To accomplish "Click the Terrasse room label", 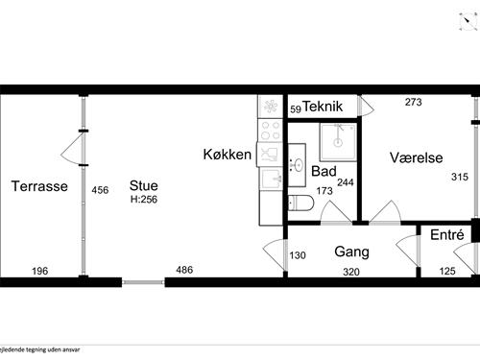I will coord(38,186).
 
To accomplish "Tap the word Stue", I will coord(145,186).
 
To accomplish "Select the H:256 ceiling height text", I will coord(144,200).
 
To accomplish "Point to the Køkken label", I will coord(227,155).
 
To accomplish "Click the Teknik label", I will coord(324,108).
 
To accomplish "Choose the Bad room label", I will coord(324,171).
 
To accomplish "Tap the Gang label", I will coord(352,252).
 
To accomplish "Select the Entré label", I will coord(446,235).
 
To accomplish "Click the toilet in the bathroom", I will coord(300,203).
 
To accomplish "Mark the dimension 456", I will coord(100,190).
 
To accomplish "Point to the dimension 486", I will coord(184,270).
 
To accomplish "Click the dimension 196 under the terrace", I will coord(39,270).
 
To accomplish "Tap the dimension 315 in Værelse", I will coord(460,177).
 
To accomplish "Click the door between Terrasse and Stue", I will coord(74,146).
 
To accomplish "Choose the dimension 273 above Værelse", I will coord(414,102).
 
